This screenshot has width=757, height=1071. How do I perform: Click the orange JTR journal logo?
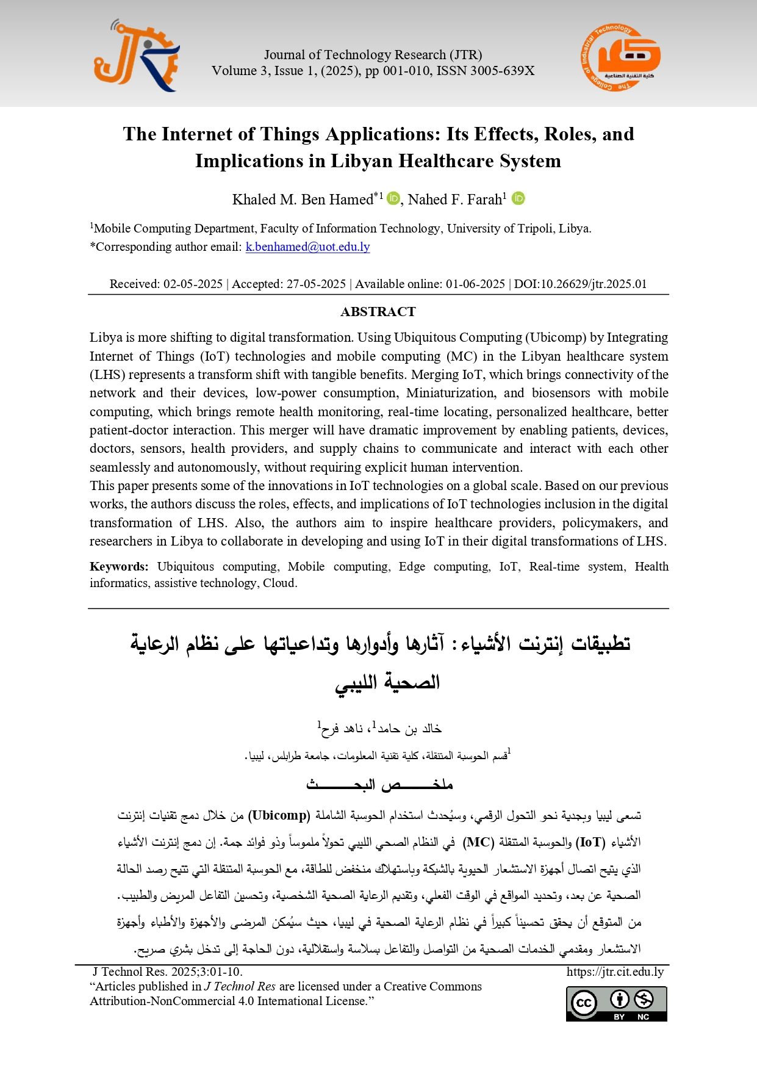point(137,56)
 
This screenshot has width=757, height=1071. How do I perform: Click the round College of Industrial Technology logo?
point(620,58)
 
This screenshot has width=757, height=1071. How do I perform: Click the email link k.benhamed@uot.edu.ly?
point(307,247)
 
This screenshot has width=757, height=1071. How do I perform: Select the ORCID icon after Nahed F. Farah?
point(518,198)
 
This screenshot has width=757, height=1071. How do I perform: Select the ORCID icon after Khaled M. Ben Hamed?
point(393,198)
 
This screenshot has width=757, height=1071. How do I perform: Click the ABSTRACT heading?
point(378,312)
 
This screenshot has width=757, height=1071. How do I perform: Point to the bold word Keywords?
point(119,566)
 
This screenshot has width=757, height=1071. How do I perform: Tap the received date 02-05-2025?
point(193,284)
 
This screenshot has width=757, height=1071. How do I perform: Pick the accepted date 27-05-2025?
point(316,284)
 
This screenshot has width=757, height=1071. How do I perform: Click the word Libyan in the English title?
point(362,161)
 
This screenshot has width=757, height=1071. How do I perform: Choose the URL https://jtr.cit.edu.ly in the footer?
point(615,972)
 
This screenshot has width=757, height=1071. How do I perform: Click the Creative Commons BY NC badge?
point(616,1003)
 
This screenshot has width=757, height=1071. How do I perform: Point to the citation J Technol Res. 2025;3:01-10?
point(167,972)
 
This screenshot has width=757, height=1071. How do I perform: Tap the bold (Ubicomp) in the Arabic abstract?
point(279,815)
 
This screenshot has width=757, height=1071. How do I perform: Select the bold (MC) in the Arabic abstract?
point(478,842)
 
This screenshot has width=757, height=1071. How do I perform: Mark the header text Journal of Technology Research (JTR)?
point(373,55)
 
